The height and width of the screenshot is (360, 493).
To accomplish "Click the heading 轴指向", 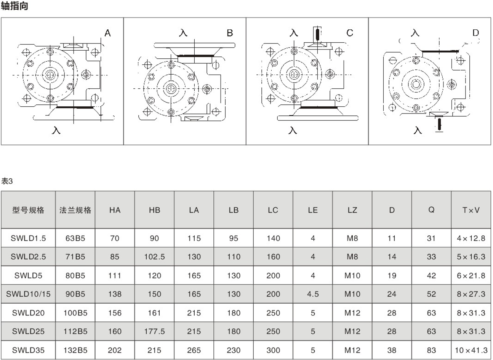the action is (x=14, y=6).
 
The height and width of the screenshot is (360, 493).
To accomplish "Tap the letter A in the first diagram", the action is (x=107, y=33).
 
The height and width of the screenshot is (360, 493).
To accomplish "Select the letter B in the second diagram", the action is (x=230, y=33).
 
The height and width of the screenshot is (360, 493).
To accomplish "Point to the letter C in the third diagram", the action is (x=350, y=33).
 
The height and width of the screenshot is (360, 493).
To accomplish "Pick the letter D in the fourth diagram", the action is (x=475, y=33).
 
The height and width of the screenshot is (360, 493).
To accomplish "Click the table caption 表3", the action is (x=7, y=181).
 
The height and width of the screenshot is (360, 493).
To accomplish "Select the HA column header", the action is (x=115, y=210).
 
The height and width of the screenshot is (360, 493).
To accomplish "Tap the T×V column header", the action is (x=471, y=210).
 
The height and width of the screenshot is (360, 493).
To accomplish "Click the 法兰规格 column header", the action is (x=75, y=210).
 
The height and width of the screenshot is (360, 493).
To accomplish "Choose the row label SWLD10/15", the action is (x=29, y=294).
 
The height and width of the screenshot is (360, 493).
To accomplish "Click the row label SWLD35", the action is (x=29, y=350).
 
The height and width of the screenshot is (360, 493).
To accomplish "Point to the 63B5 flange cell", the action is (x=75, y=238).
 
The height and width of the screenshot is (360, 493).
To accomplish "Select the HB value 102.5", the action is (x=155, y=257).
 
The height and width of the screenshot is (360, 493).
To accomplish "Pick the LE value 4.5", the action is (x=313, y=294).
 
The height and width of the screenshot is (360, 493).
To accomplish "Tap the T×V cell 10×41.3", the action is (x=471, y=350).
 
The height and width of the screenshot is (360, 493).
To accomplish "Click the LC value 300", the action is (x=273, y=350).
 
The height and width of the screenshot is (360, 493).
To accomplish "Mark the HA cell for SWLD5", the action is (x=115, y=275).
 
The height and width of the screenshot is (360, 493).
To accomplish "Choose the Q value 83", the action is (x=431, y=350).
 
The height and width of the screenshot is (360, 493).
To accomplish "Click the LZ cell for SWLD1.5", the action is (x=352, y=238).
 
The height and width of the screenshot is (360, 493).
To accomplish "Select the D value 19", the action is (x=392, y=275).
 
